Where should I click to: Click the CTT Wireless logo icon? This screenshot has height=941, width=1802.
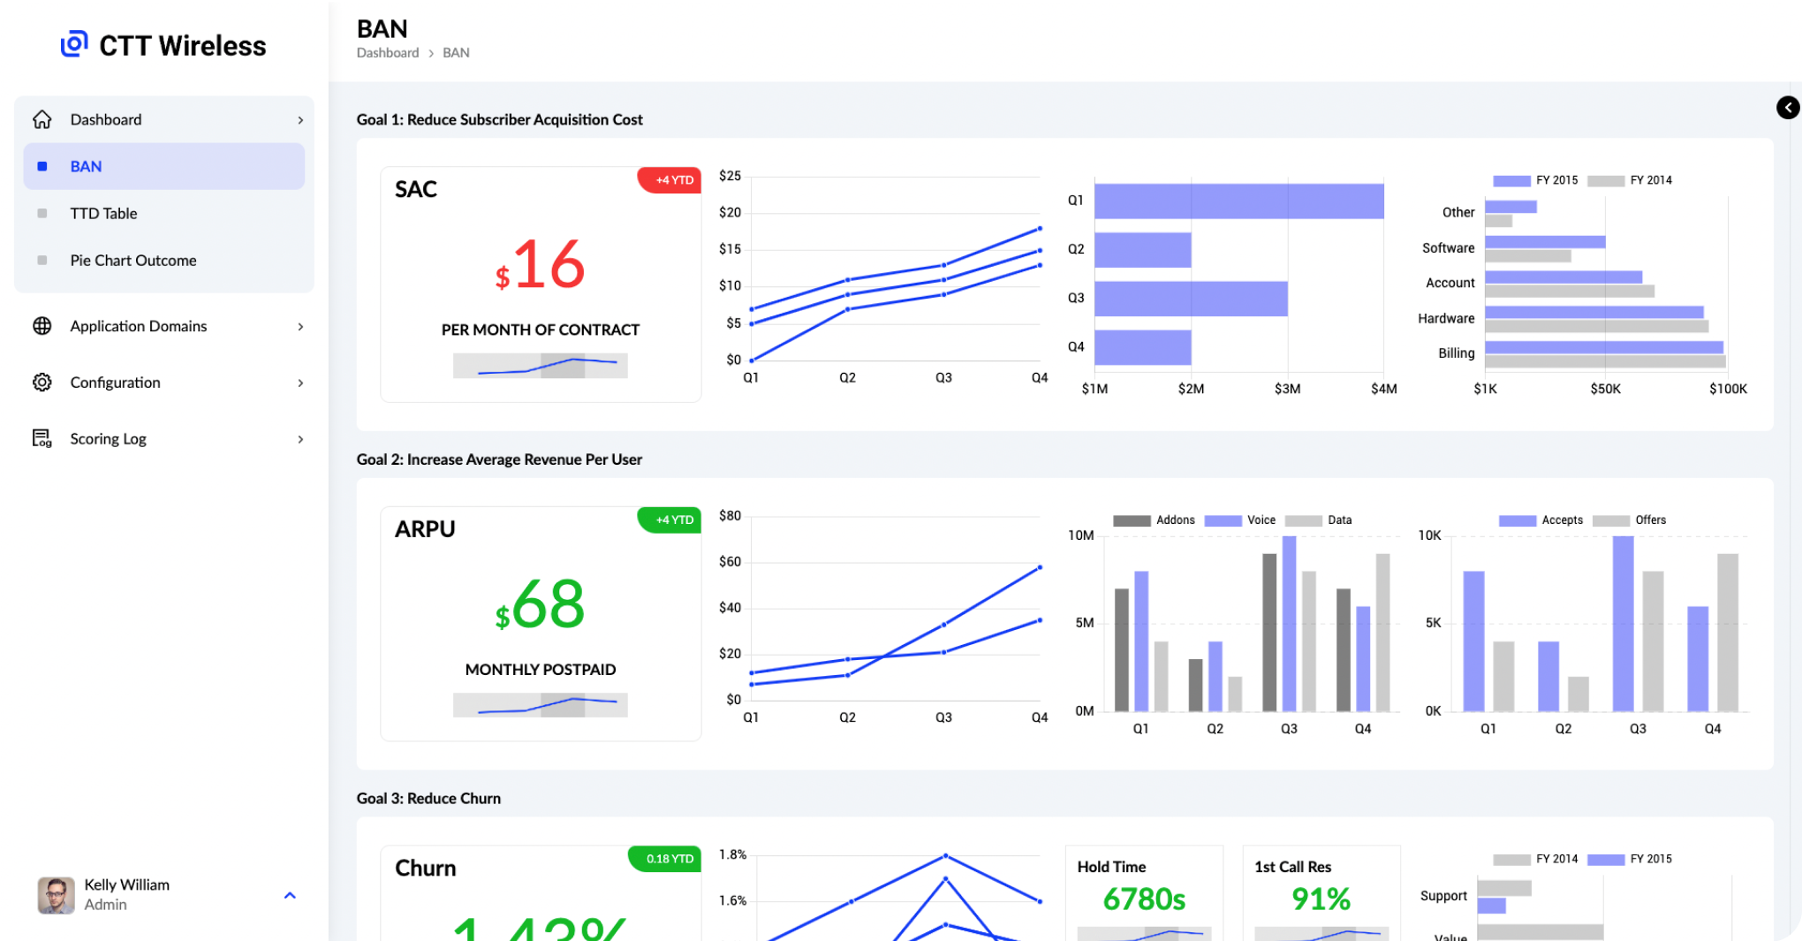pos(74,43)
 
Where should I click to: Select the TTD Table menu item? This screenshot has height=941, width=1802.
pos(103,214)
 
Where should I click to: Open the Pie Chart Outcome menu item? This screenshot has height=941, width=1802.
pos(133,261)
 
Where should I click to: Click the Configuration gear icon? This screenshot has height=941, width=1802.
pos(42,383)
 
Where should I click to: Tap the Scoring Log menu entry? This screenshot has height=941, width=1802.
pos(108,439)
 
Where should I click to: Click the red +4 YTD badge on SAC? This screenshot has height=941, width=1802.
pos(670,180)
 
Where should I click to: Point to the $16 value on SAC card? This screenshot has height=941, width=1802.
pos(541,265)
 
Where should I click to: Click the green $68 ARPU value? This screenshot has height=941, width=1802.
pos(541,605)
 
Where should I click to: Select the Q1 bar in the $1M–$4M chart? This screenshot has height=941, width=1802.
pos(1238,201)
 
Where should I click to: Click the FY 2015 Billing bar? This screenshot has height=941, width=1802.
pos(1603,347)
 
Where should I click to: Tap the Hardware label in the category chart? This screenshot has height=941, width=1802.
pos(1446,319)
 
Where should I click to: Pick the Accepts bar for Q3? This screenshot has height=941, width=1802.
pos(1623,623)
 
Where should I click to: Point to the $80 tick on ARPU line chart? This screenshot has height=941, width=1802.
pos(730,516)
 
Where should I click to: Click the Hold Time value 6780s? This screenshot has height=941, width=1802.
pos(1144,899)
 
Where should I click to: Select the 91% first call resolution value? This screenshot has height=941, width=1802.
pos(1321,899)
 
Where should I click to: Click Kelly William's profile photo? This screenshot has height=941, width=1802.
pos(56,895)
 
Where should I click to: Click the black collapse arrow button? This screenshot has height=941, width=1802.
pos(1788,108)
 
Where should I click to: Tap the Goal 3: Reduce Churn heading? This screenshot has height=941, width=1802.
pos(428,799)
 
